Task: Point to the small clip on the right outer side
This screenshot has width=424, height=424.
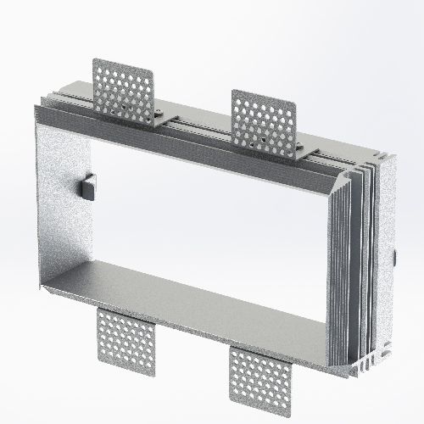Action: (394, 255)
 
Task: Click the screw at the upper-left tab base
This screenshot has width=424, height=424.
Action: (160, 113)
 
